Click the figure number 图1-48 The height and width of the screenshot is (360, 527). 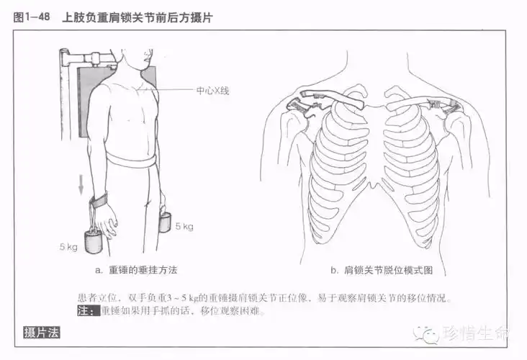click(31, 17)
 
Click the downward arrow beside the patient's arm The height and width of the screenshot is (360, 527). click(81, 184)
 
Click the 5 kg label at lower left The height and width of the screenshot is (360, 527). click(68, 246)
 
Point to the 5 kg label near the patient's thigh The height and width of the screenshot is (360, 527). click(184, 227)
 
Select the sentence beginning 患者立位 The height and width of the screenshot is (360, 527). click(266, 297)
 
